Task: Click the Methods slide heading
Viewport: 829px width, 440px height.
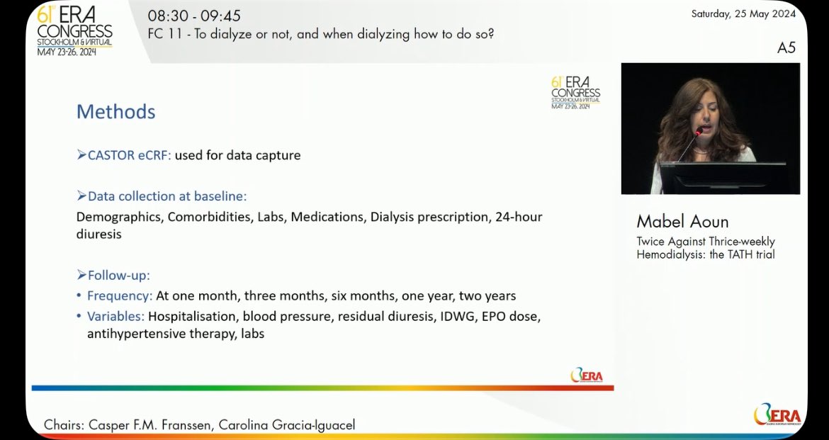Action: pos(115,112)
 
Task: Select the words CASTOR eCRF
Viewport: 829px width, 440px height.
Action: pos(129,155)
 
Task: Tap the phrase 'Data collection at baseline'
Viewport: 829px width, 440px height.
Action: pos(167,196)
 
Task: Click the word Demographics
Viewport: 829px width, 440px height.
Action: pos(118,217)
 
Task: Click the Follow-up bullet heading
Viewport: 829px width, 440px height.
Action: pos(118,275)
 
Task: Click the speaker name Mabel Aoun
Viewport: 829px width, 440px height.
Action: pos(682,221)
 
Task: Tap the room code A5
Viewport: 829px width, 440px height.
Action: pos(786,47)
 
